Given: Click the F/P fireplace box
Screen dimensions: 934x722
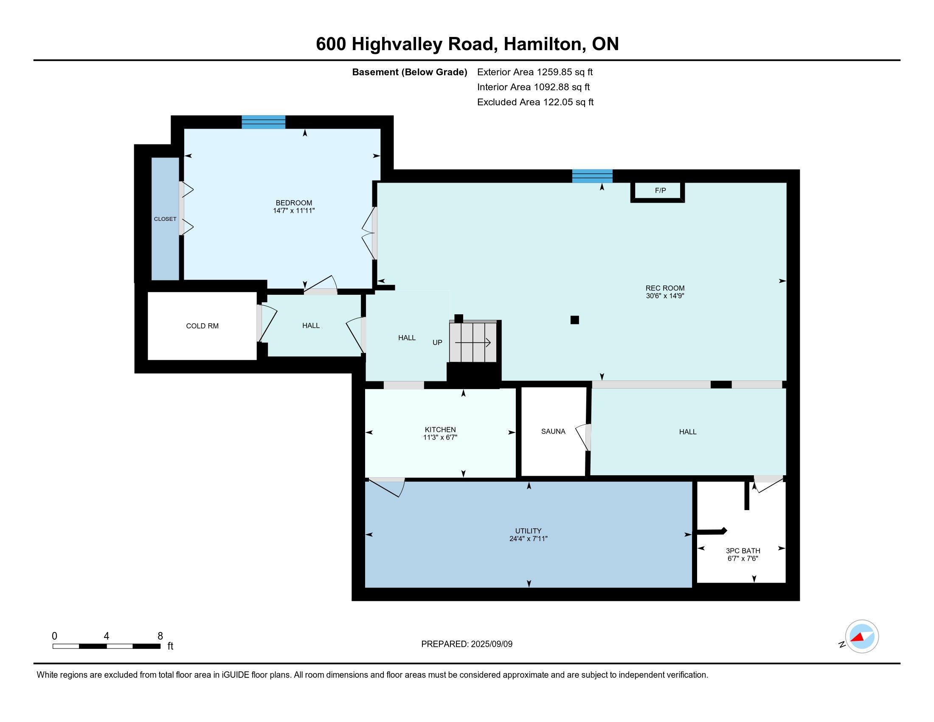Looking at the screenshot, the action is (658, 192).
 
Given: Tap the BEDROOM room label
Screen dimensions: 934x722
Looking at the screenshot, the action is (294, 203).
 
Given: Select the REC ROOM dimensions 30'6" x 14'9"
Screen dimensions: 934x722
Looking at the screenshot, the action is (665, 296).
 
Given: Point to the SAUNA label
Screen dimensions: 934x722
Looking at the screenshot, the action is (553, 432).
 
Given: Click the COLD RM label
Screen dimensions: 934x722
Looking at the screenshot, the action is (202, 326).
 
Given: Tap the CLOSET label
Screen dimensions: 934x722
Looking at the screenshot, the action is (165, 219).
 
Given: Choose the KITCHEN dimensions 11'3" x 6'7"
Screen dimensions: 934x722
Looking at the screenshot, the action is (440, 437).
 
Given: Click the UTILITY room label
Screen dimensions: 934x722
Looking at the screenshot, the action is (528, 531).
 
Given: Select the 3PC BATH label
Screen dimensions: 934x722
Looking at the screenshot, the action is (743, 551).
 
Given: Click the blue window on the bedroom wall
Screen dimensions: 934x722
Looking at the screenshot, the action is (264, 122).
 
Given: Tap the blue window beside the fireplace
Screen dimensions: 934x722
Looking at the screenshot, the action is (592, 176).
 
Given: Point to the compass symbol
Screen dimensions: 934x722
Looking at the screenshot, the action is (861, 637).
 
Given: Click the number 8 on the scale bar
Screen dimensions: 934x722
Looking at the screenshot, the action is (160, 636).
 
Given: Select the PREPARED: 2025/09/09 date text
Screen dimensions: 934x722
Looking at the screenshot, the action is (467, 644).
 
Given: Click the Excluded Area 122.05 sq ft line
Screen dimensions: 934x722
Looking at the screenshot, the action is (535, 102).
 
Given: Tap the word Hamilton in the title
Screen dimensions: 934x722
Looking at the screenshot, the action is (544, 45).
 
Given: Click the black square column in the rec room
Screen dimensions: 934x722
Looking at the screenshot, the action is (575, 320).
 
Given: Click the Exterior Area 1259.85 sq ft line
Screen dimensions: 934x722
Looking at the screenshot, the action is (535, 72).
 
